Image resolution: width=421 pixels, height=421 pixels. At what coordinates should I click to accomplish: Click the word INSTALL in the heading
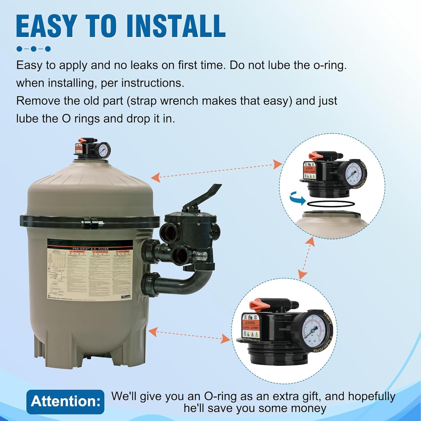[176, 26]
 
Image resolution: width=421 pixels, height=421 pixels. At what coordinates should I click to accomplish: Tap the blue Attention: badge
[65, 402]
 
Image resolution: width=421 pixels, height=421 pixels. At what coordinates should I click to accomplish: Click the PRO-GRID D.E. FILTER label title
[90, 249]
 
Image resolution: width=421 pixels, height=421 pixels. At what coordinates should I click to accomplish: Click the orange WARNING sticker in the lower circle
[250, 322]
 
